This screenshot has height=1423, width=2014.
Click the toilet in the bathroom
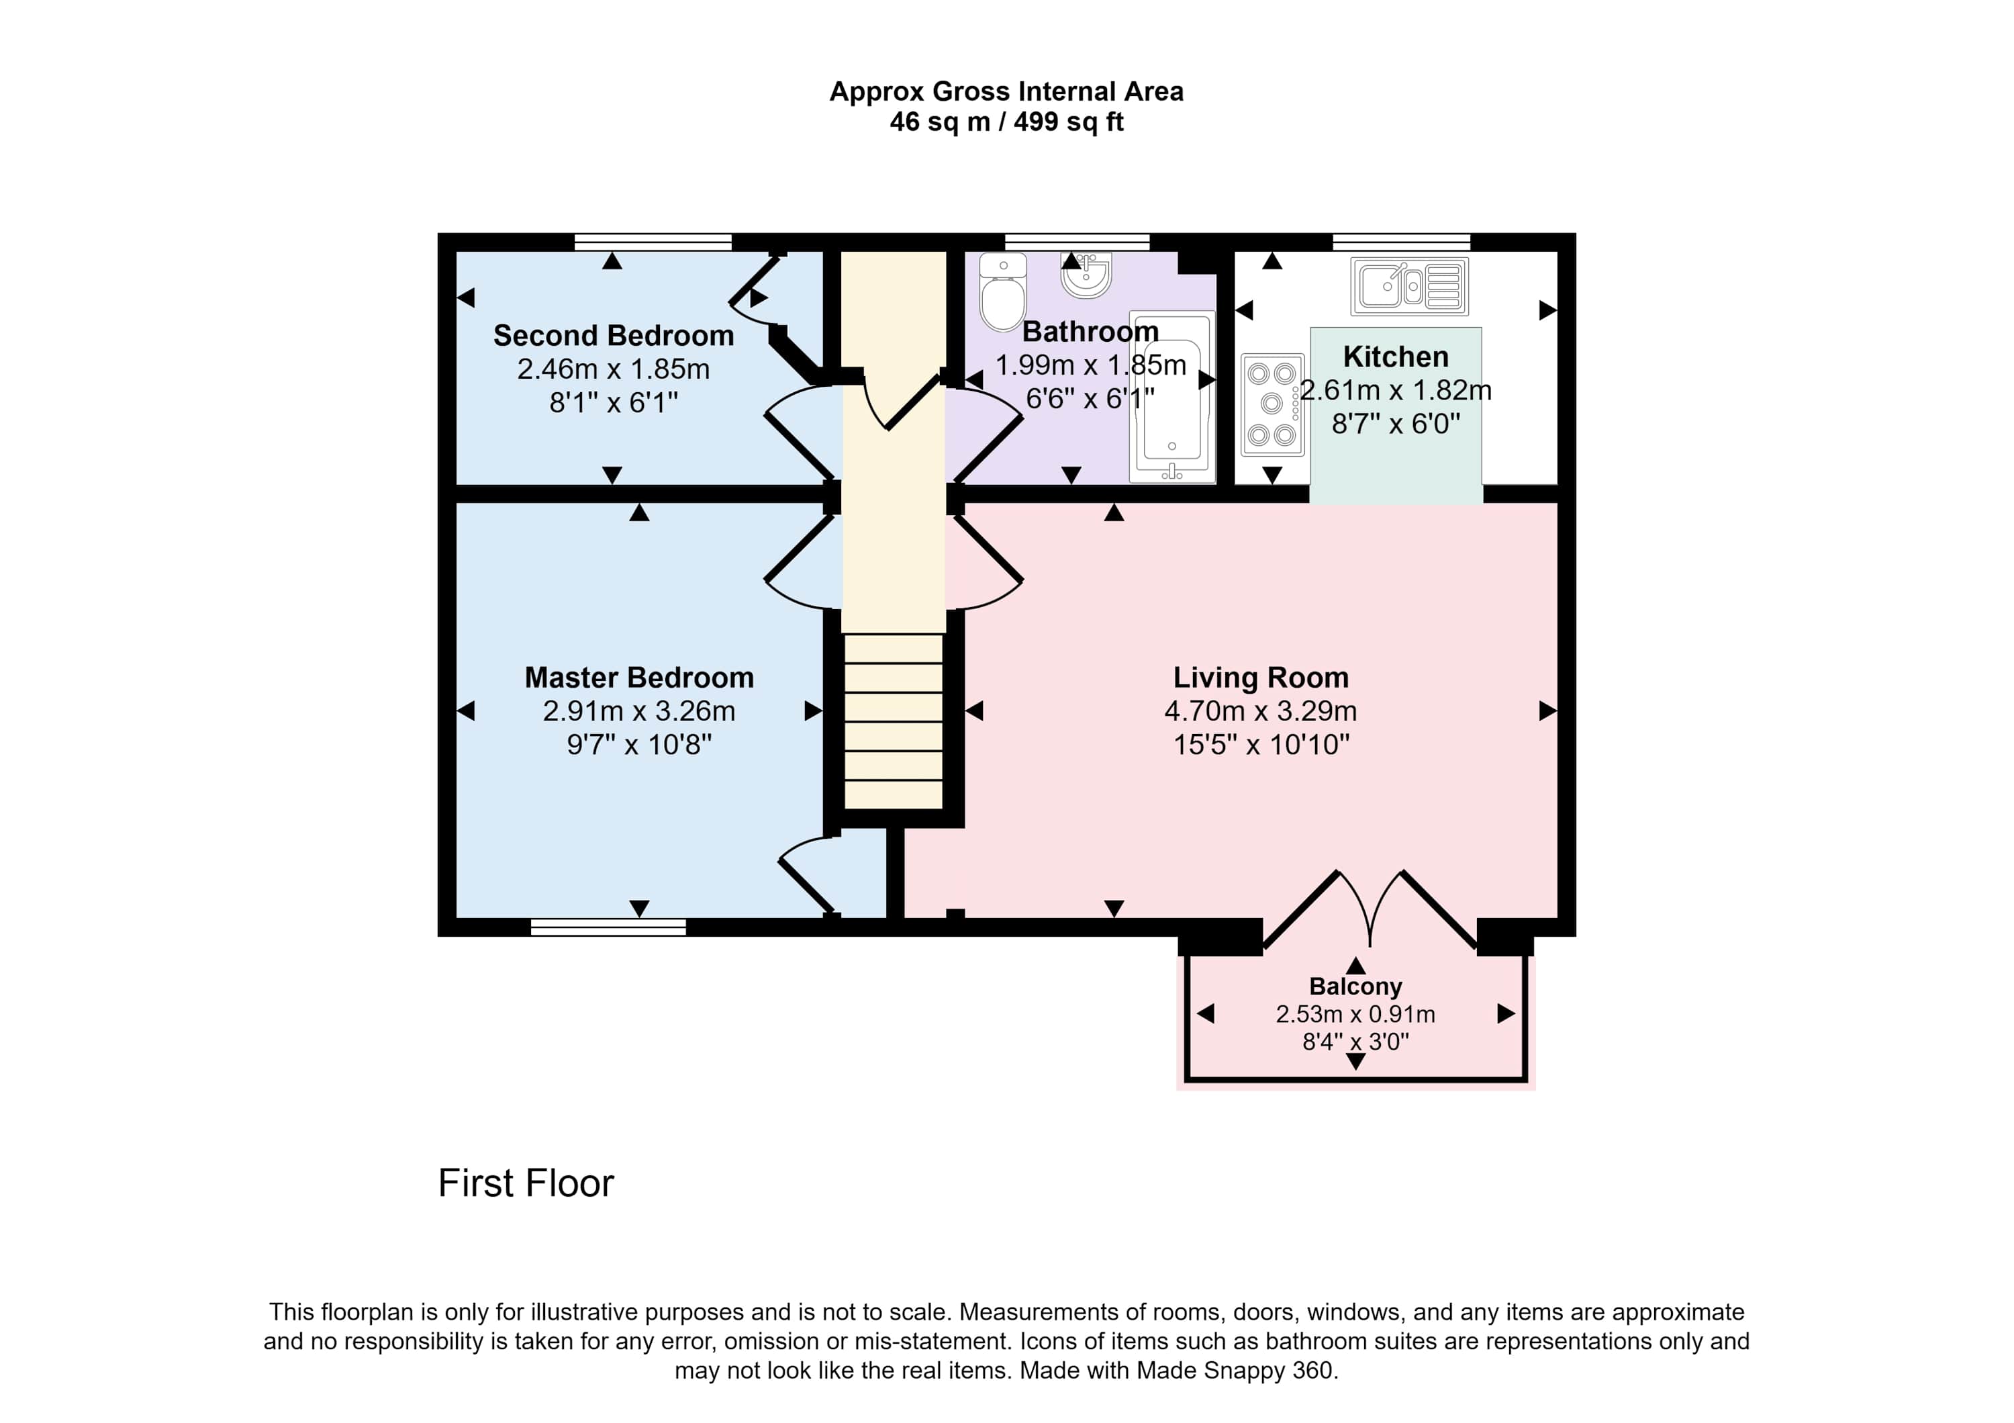1002,291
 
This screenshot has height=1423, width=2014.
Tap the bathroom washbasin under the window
1086,275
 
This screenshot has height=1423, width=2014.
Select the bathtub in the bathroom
1172,396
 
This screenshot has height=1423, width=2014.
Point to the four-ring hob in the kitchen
1273,404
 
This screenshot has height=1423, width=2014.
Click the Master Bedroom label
640,678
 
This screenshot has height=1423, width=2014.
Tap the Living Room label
1261,678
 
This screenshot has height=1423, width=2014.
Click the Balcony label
1355,987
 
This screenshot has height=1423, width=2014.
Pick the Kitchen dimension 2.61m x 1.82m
1396,390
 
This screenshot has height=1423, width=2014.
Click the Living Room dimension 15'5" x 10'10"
1261,745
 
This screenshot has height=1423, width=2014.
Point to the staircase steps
893,721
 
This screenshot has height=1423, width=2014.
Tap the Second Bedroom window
653,242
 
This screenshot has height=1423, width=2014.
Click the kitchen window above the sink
1402,242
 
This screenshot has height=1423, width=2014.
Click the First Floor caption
526,1183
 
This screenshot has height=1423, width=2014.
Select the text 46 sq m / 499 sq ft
1006,122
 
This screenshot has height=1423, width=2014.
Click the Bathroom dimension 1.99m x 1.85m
1090,365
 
